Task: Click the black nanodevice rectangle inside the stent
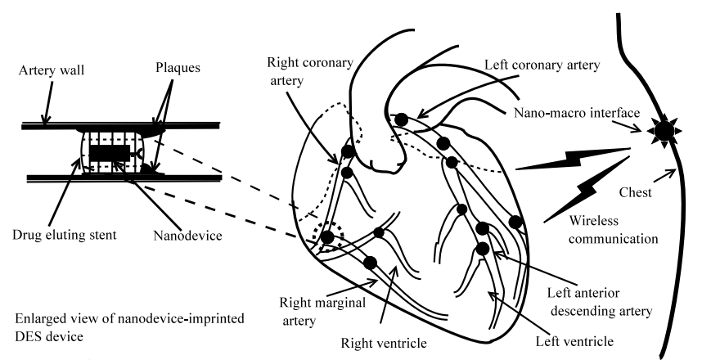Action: pos(106,153)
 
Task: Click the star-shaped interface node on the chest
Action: pos(663,129)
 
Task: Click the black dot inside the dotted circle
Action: pos(326,237)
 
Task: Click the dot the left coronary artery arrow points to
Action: pos(401,120)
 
